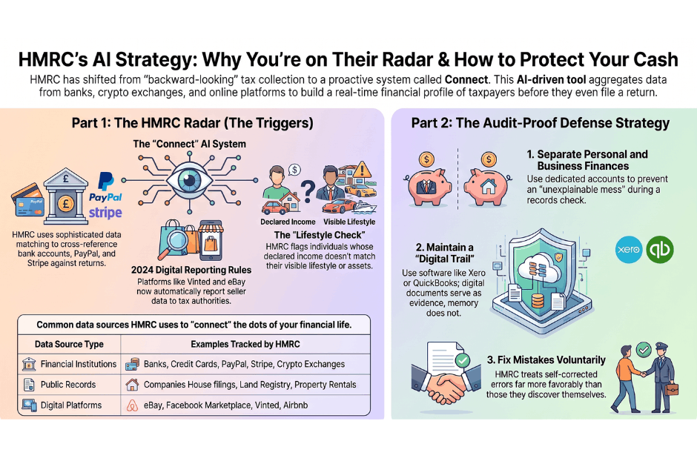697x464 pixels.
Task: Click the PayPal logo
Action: coord(105,187)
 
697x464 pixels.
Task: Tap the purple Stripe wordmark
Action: coord(105,213)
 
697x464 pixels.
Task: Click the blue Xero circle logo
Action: coord(629,249)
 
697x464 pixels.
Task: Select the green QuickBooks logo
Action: coord(660,249)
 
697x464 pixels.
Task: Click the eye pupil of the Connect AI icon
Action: coord(190,180)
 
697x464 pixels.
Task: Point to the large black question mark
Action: coord(308,192)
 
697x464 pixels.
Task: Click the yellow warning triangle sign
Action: coord(363,170)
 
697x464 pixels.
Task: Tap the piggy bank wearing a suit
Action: coord(427,186)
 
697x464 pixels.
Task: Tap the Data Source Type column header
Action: coord(69,344)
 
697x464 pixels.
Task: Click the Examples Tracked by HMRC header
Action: coord(245,344)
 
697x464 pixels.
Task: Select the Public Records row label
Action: coord(68,385)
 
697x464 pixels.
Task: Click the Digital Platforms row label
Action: coord(71,405)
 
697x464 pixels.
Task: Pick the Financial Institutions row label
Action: coord(79,364)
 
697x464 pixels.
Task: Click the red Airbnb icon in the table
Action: coord(132,405)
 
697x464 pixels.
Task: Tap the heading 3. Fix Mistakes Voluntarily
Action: coord(546,359)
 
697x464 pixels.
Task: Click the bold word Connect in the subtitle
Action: coord(466,80)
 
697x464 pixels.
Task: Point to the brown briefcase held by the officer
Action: coord(672,389)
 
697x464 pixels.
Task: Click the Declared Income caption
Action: coord(288,222)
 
